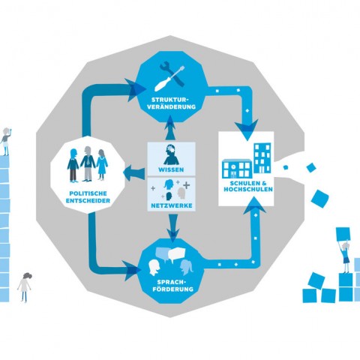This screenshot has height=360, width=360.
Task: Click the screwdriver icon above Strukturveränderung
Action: coord(169,78)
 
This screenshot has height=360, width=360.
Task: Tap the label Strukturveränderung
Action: coord(171,103)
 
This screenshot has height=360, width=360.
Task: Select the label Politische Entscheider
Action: coord(88,197)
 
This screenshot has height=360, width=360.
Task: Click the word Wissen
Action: coord(171,169)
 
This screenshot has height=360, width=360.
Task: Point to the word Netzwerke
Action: coord(172,205)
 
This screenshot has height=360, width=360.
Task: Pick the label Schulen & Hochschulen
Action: coord(248,186)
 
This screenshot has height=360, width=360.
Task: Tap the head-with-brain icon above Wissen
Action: coord(171,154)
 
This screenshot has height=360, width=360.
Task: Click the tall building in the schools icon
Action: coord(262,158)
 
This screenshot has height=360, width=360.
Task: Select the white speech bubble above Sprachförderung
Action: coord(176,254)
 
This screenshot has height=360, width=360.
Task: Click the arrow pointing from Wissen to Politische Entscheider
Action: coord(133,172)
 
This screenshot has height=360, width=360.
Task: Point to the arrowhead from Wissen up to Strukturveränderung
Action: coord(170,122)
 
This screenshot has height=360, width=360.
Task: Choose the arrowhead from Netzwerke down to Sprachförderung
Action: coord(173,235)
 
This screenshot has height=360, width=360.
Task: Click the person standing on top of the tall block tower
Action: coord(5,142)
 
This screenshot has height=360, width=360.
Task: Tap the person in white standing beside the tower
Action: coord(25,287)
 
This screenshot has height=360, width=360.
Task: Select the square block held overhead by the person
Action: coord(343,234)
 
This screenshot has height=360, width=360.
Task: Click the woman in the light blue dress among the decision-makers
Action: coord(102,164)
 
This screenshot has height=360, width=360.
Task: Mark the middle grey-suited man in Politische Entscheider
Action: coord(88,163)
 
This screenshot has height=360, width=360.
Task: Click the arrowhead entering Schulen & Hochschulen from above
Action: coord(247,130)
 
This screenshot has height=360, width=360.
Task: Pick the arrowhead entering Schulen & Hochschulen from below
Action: coord(254,205)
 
